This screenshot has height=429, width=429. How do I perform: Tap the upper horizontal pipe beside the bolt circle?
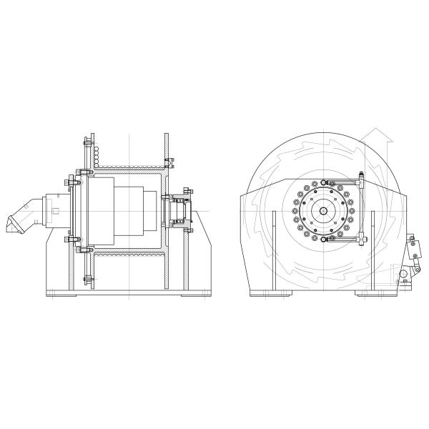[x=343, y=182]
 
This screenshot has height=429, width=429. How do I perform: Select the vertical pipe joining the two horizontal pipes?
[x=363, y=211]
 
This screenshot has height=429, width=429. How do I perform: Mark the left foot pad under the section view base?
[x=60, y=294]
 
